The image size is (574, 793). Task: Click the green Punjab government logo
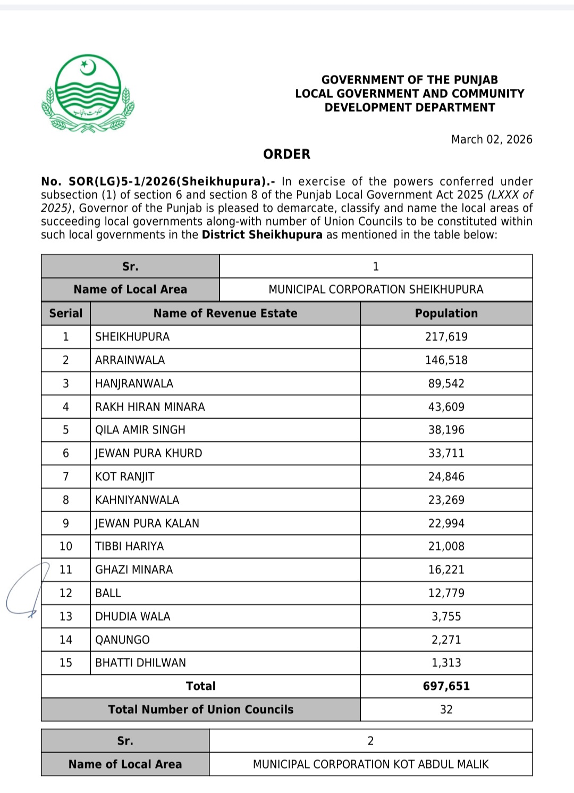(88, 93)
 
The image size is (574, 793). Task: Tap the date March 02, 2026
(492, 139)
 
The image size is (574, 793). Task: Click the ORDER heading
(286, 154)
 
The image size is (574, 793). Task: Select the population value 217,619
(446, 337)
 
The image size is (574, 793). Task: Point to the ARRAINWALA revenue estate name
(130, 360)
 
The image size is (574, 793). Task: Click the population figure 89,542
(446, 383)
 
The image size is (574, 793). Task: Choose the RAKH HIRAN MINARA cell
(150, 407)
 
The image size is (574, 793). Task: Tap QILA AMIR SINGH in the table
(140, 430)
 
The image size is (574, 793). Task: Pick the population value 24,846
(446, 477)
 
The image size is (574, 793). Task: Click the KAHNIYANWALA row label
(137, 500)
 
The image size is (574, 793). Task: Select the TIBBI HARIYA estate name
(130, 546)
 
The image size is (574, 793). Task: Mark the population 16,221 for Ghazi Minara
(446, 570)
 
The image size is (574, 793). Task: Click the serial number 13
(66, 616)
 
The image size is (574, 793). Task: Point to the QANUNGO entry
(123, 640)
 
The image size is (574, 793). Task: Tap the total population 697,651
(446, 686)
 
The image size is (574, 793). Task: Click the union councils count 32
(446, 709)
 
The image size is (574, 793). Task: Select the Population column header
(446, 313)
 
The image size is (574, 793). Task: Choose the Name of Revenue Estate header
(225, 313)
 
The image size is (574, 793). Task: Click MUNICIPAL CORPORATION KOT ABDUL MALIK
(370, 764)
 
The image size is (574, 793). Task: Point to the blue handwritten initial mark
(27, 590)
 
